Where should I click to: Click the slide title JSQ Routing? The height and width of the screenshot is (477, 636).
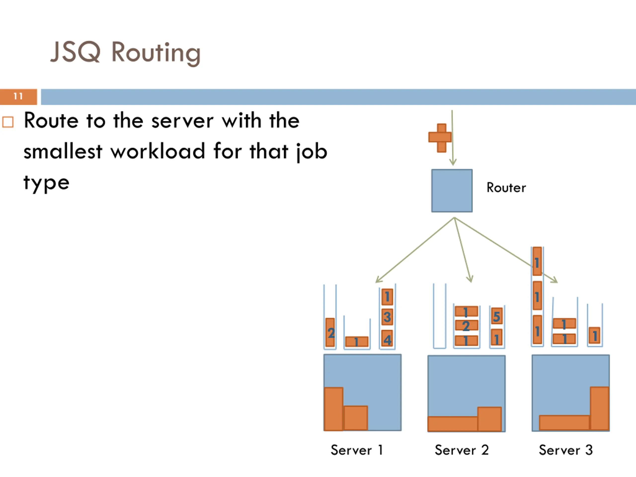coord(125,53)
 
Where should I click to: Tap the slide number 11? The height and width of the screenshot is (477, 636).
coord(18,96)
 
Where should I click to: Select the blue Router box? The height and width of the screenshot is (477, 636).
coord(452,191)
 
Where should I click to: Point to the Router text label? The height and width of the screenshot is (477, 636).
coord(506,188)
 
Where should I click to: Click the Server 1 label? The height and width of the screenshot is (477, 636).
coord(357,450)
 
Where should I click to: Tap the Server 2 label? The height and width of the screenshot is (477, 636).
coord(462,450)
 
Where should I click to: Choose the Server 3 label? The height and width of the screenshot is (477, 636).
coord(565,450)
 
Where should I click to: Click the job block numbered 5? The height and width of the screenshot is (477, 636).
coord(497,316)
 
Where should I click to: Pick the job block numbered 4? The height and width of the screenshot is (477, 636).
coord(387,338)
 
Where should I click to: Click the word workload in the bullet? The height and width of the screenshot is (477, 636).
coord(158,151)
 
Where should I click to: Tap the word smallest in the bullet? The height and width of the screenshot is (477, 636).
coord(63,151)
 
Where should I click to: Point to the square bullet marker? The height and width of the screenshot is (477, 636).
coord(8,122)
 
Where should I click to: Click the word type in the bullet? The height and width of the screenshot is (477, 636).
coord(46,183)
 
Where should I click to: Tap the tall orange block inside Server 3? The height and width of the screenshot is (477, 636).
coord(599,409)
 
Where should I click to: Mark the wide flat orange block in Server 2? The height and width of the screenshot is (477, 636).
coord(453,424)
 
